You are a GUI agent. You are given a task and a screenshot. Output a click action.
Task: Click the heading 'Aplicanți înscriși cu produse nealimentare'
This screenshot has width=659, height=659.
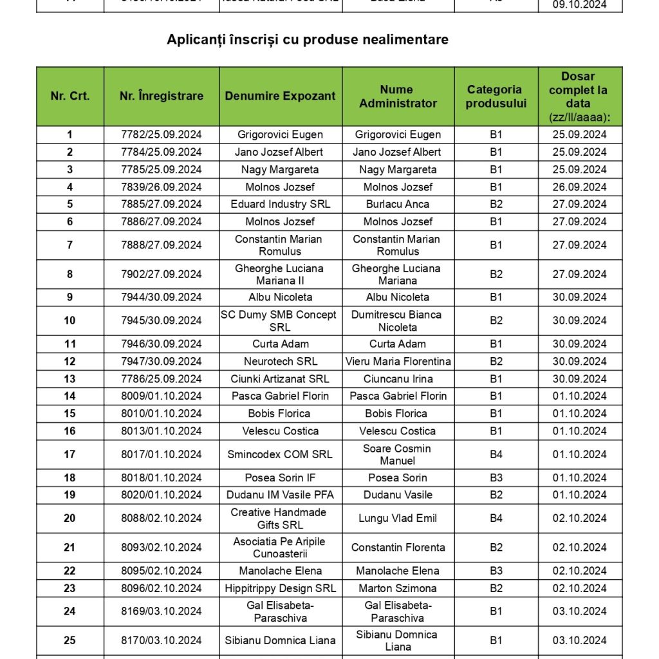(308, 39)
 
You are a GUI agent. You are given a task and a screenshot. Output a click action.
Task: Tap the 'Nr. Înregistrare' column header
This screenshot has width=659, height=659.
(162, 96)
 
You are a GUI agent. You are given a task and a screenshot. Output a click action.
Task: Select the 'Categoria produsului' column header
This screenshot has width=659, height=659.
(494, 96)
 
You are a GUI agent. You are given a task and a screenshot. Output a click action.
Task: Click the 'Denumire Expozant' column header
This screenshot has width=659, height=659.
(280, 96)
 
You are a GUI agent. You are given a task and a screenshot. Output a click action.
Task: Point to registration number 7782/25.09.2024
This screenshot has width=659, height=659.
(162, 135)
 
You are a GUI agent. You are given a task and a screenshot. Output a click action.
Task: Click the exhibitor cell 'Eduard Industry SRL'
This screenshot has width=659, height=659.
(280, 204)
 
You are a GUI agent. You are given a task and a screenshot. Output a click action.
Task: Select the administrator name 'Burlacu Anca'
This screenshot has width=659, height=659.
(397, 204)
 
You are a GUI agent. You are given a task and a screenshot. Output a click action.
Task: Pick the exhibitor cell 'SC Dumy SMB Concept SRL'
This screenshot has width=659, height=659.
(280, 320)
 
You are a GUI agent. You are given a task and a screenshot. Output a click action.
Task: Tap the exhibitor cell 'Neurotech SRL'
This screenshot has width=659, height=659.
(280, 361)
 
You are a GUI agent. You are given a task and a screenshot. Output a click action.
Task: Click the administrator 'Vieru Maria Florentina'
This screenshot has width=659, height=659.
(397, 361)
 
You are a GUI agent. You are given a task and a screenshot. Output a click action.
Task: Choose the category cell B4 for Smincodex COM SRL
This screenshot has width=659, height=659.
(496, 454)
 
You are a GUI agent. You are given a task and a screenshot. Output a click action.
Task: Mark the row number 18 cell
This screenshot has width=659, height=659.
(70, 478)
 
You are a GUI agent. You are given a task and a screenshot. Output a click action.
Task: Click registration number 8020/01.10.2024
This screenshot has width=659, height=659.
(162, 495)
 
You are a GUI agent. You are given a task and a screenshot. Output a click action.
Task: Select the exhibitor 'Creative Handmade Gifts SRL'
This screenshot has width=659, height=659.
(280, 518)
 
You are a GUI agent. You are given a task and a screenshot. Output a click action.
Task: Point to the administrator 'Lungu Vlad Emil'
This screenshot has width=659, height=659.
(397, 518)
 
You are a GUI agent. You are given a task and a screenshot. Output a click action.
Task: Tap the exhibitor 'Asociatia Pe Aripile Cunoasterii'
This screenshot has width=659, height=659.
(280, 548)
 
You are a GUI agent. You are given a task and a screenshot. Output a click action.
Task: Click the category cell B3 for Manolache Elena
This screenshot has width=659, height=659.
(496, 571)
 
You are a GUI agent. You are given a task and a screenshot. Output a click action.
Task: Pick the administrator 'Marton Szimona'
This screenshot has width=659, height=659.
(397, 588)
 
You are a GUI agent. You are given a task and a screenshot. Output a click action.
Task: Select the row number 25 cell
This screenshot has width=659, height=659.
(70, 640)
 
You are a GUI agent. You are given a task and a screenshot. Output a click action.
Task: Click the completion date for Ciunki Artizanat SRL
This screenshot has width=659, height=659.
(580, 378)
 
